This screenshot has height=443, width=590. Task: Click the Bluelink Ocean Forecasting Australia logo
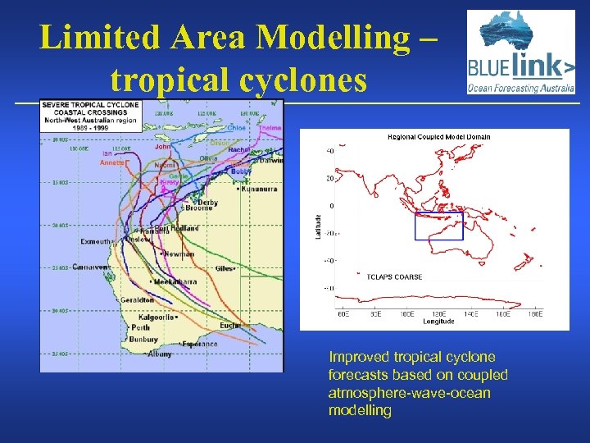tap(521, 53)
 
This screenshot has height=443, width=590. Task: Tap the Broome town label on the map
tap(199, 208)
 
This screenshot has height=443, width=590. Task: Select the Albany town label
tap(160, 354)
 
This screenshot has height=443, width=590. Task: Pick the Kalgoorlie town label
tap(156, 317)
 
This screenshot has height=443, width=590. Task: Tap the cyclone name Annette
tap(113, 162)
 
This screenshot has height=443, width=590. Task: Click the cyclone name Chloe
tap(237, 128)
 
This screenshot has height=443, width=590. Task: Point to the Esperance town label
tap(200, 344)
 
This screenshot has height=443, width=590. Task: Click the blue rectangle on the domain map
tap(438, 226)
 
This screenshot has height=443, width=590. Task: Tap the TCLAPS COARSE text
tap(394, 277)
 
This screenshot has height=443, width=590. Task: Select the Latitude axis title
tap(319, 226)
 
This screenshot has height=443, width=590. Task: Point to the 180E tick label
tap(535, 314)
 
